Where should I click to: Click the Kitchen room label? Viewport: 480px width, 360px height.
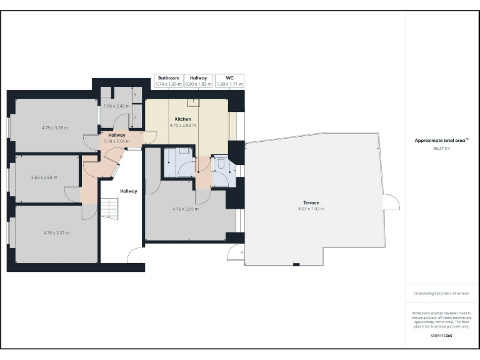(x=182, y=119)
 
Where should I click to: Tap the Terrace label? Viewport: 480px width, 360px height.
(x=311, y=202)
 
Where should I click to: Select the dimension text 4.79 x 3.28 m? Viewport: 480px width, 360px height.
(x=55, y=127)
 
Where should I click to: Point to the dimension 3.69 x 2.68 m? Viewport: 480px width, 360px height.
(x=44, y=177)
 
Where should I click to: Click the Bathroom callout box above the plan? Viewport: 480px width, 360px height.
(x=169, y=81)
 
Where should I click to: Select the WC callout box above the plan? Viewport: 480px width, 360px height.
(x=229, y=81)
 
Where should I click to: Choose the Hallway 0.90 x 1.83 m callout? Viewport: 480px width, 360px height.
(x=199, y=81)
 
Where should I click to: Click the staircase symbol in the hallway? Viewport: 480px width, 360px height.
(x=109, y=207)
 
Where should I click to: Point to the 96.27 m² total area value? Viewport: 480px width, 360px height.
(x=441, y=149)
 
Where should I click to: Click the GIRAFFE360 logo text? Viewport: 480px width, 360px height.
(x=441, y=336)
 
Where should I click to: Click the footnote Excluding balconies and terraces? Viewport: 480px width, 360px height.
(x=441, y=293)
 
